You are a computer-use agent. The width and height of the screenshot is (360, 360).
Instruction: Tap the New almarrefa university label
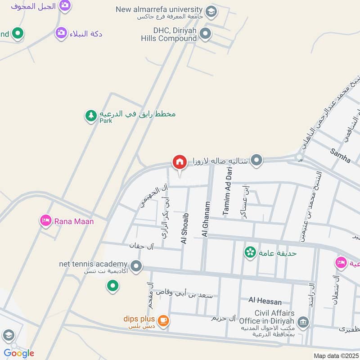[x=159, y=9]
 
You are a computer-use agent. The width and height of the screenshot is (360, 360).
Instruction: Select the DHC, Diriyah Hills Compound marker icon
[x=206, y=33]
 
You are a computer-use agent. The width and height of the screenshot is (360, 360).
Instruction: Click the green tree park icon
[x=91, y=116]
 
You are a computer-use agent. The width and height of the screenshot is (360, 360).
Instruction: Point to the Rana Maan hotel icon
[x=45, y=220]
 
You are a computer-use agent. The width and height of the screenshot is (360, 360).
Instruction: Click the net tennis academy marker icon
[x=136, y=266]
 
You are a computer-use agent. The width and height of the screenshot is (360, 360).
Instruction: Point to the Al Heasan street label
[x=265, y=301]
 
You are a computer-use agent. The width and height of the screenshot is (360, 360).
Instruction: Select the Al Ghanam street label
[x=206, y=219]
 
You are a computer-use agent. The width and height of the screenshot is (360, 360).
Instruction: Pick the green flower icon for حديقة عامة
[x=250, y=252]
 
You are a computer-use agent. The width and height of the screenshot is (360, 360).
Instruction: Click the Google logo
[x=18, y=353]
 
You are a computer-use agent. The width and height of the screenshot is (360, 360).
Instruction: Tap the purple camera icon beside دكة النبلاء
[x=61, y=33]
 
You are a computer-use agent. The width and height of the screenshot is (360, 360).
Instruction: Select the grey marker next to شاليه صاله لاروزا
[x=256, y=160]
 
